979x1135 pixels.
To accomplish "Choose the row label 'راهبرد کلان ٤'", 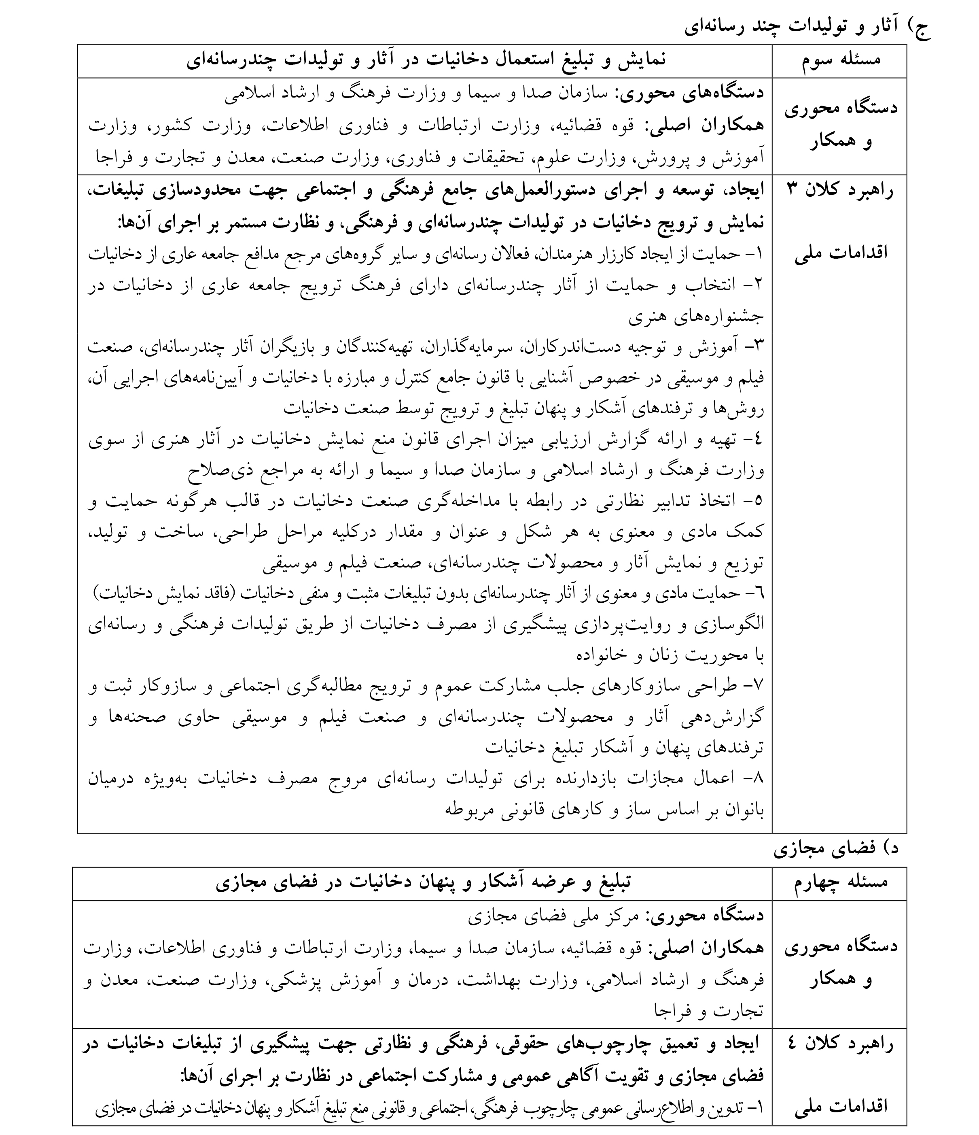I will [x=839, y=1044].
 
